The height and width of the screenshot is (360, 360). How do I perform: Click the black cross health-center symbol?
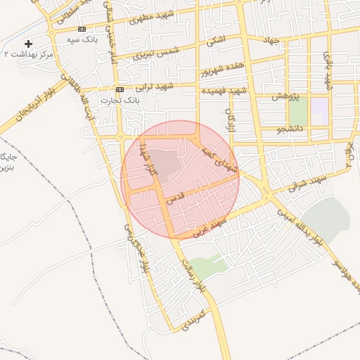click(28, 44)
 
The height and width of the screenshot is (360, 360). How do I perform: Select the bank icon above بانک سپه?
click(82, 29)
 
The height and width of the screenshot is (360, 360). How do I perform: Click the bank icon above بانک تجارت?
click(120, 90)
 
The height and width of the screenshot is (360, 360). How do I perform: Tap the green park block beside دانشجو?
click(298, 112)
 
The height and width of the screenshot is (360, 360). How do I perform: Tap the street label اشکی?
click(216, 42)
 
